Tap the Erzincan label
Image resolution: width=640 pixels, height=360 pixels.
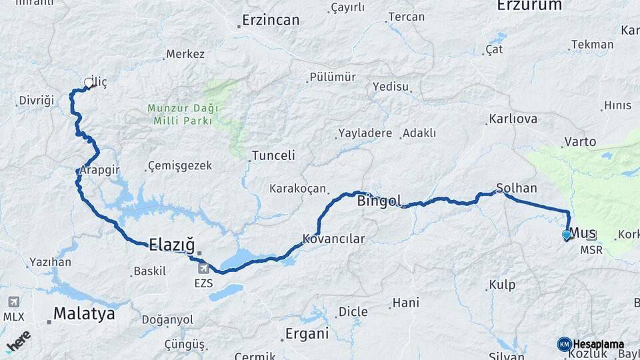[x=271, y=20]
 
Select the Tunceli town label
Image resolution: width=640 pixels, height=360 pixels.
[x=273, y=155]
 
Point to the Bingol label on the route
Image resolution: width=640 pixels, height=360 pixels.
[x=381, y=200]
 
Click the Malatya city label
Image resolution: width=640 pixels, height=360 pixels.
[x=84, y=313]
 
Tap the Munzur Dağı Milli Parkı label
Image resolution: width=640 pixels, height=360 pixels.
[x=183, y=114]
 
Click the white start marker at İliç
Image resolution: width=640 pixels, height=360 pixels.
[x=89, y=83]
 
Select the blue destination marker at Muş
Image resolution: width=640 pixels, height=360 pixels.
[x=567, y=235]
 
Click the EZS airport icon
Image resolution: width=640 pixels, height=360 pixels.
[x=203, y=268]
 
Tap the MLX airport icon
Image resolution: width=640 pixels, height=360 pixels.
[x=13, y=302]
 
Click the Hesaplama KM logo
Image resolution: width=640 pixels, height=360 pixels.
[x=591, y=344]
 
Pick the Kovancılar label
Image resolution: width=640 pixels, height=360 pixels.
[x=334, y=238]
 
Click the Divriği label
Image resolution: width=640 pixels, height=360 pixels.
[x=36, y=100]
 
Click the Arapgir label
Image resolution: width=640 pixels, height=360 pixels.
[x=100, y=170]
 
